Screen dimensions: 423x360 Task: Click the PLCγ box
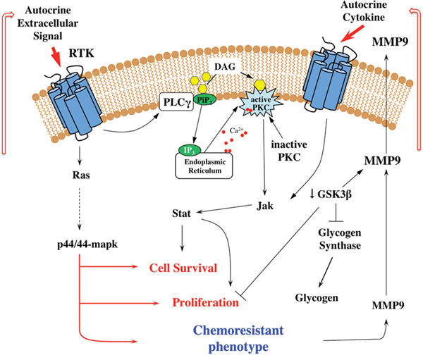coord(177,102)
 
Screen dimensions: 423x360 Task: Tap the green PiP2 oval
coord(206,99)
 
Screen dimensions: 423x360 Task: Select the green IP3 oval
coord(190,151)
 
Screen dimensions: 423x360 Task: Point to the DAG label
coord(225,67)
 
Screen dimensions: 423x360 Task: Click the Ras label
coord(81,175)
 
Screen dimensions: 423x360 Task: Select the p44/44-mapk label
coord(87,244)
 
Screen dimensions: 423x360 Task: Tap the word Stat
coord(181,213)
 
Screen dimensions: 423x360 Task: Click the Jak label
coord(265,206)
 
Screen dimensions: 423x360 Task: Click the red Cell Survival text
coord(183,268)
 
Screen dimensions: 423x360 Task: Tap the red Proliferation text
coord(206,302)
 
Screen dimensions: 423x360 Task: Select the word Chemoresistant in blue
coord(238,330)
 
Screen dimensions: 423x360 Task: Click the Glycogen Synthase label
coord(340,239)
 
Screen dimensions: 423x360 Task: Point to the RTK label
coord(81,54)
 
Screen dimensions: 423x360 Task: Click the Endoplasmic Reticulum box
coord(204,166)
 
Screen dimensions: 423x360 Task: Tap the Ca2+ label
coord(236,130)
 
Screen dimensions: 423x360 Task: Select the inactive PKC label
coord(289,151)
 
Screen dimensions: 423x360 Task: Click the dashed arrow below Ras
coord(79,209)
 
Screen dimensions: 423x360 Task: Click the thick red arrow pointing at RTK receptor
coord(56,57)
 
